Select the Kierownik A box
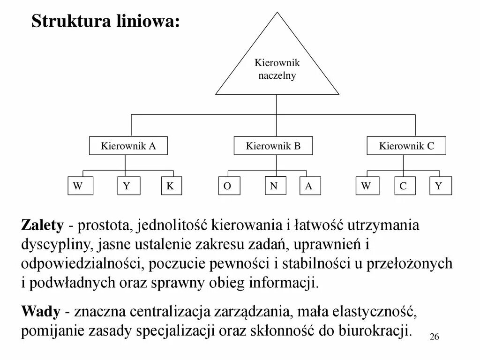pos(128,146)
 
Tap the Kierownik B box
pos(273,146)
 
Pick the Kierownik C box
pos(406,146)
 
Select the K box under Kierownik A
pos(171,186)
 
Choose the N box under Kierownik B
pos(274,186)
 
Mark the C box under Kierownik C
pos(404,186)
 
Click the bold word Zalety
pos(42,225)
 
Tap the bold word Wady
pos(41,311)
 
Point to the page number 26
pos(434,337)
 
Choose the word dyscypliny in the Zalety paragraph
pos(58,244)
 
